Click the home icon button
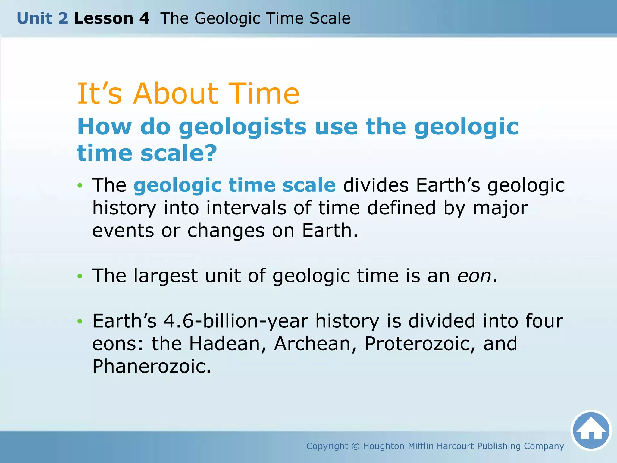pos(591,430)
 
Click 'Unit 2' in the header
pos(42,18)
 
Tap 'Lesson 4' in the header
pos(112,18)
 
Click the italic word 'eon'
pos(474,276)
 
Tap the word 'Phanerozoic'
pos(151,367)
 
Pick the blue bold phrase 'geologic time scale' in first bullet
pos(235,185)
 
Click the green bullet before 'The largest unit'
pos(80,276)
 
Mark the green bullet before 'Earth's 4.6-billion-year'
pos(80,322)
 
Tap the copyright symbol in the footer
pos(355,446)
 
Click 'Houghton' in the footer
pos(384,446)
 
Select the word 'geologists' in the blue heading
pos(243,127)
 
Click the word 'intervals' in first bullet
pos(246,208)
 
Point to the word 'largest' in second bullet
pos(166,276)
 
